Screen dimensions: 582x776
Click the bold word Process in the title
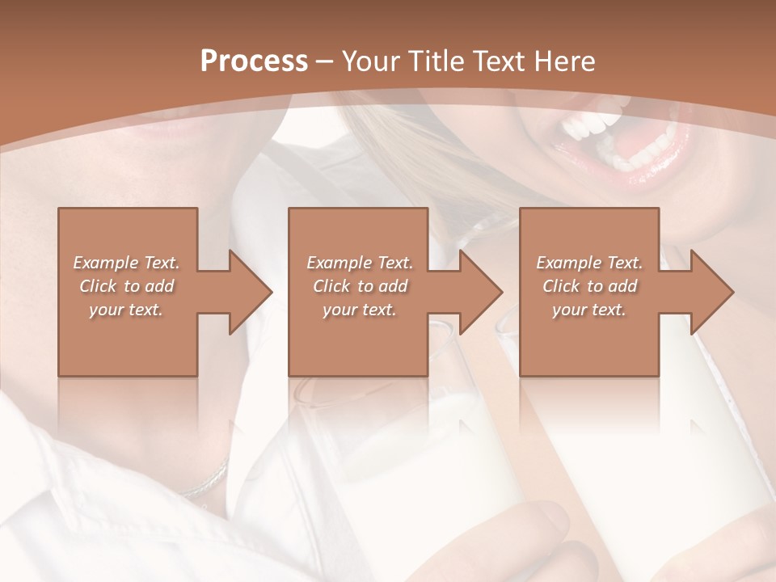(254, 61)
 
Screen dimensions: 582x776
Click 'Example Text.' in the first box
(126, 263)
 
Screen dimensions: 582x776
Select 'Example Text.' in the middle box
(360, 263)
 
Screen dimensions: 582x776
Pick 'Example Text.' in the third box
(589, 263)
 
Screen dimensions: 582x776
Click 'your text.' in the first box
(126, 310)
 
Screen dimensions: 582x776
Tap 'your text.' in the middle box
(360, 310)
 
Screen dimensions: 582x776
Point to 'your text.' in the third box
(589, 310)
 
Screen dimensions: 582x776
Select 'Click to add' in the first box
(126, 286)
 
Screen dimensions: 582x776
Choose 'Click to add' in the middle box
(360, 286)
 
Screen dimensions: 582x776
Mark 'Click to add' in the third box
(589, 286)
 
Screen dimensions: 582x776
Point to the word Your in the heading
(369, 61)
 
